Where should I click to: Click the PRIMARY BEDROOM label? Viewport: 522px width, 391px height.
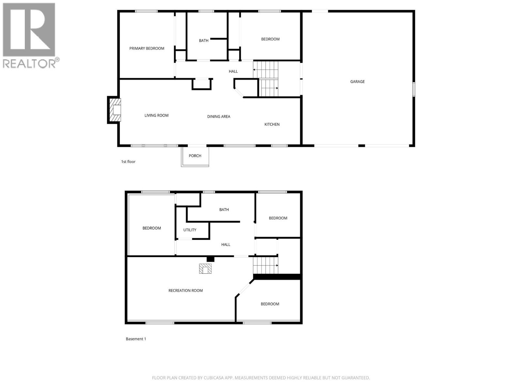click(146, 49)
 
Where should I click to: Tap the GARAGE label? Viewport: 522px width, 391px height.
click(357, 82)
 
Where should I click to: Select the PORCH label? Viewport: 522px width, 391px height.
click(195, 156)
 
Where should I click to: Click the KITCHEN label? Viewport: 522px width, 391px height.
click(272, 124)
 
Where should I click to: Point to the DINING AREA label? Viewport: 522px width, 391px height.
click(219, 117)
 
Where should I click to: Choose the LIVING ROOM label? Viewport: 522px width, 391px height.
click(156, 115)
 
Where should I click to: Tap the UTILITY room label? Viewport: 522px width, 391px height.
click(190, 230)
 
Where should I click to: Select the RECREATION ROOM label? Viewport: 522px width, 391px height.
click(185, 291)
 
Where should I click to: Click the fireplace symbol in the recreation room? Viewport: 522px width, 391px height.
click(206, 269)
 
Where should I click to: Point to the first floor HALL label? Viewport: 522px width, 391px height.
click(233, 71)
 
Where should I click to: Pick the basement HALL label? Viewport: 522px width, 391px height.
click(225, 245)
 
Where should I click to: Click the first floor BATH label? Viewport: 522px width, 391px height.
click(204, 41)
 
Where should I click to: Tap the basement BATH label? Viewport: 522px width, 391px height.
click(224, 210)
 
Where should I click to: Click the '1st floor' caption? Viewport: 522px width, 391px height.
click(128, 162)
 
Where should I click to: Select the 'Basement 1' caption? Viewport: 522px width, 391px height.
click(136, 339)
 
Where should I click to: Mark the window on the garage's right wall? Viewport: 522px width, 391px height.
click(414, 89)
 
